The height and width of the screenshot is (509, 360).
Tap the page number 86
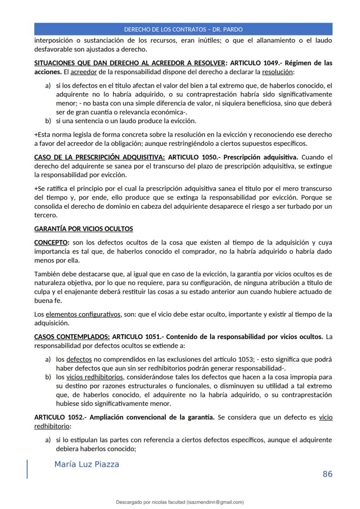(327, 474)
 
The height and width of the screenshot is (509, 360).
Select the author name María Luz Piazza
(87, 464)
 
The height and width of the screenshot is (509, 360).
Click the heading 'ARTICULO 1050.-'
(193, 157)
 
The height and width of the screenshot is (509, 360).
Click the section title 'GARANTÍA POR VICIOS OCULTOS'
(83, 229)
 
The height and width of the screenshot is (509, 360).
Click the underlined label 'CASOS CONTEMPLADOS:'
(72, 337)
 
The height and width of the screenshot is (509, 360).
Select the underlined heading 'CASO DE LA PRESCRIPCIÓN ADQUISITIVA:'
(99, 157)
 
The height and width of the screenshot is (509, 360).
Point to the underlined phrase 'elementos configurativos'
(83, 314)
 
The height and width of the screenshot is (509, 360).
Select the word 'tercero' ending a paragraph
(45, 215)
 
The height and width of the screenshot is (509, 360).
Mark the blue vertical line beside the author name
(27, 469)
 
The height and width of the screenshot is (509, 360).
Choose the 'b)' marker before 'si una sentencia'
(48, 120)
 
